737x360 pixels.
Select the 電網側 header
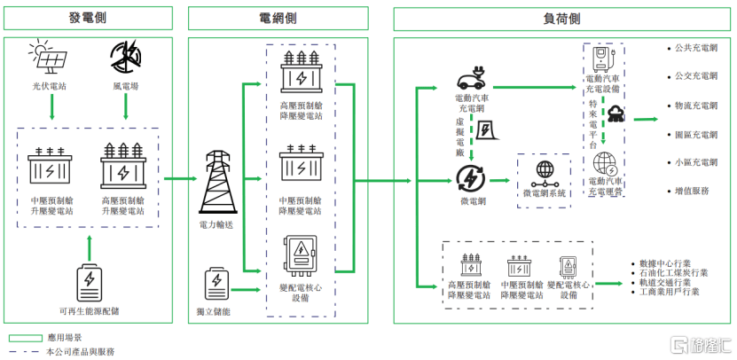[278, 19]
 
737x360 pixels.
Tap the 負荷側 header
[561, 19]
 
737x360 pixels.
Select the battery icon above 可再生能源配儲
[90, 282]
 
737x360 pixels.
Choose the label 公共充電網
[695, 49]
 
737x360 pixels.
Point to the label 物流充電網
[695, 106]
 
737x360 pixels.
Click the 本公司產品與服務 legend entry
[80, 351]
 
